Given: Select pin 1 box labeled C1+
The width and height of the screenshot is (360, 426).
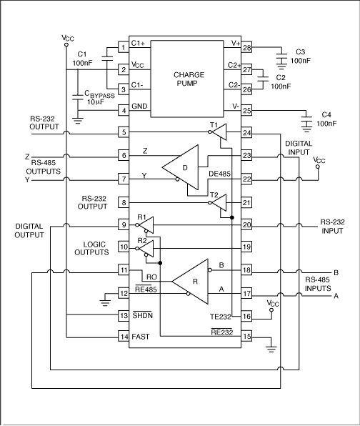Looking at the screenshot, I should pyautogui.click(x=123, y=47).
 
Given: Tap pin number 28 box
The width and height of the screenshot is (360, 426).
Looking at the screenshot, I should pyautogui.click(x=247, y=47).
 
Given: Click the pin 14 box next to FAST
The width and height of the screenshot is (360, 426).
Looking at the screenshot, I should pyautogui.click(x=123, y=335).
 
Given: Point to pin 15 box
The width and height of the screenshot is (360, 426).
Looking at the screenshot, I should pyautogui.click(x=247, y=335).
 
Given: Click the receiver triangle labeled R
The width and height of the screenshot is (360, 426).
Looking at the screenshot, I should pyautogui.click(x=191, y=280).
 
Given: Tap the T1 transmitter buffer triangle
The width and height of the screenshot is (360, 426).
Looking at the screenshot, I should pyautogui.click(x=221, y=132).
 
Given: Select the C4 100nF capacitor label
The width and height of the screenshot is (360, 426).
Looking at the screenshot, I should pyautogui.click(x=326, y=119).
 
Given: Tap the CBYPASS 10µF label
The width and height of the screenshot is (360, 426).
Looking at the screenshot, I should pyautogui.click(x=99, y=97).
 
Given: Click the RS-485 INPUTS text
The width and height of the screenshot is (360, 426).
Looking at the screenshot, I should pyautogui.click(x=319, y=284).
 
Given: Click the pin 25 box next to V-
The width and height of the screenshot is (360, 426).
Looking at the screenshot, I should pyautogui.click(x=247, y=110).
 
